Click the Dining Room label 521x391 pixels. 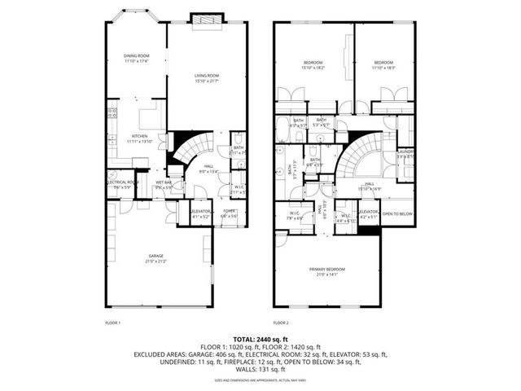pos(136,59)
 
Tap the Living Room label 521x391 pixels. pos(207,79)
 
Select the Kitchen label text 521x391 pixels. pos(139,138)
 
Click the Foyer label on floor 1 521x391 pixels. pos(230,213)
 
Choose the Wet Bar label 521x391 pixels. pos(162,185)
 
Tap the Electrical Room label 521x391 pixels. pos(120,185)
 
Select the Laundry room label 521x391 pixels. pos(405,153)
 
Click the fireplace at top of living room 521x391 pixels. pos(201,18)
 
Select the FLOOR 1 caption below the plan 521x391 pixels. pos(113,323)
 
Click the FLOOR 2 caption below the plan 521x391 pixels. pos(281,323)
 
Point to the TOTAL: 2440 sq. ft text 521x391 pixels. pos(260,338)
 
